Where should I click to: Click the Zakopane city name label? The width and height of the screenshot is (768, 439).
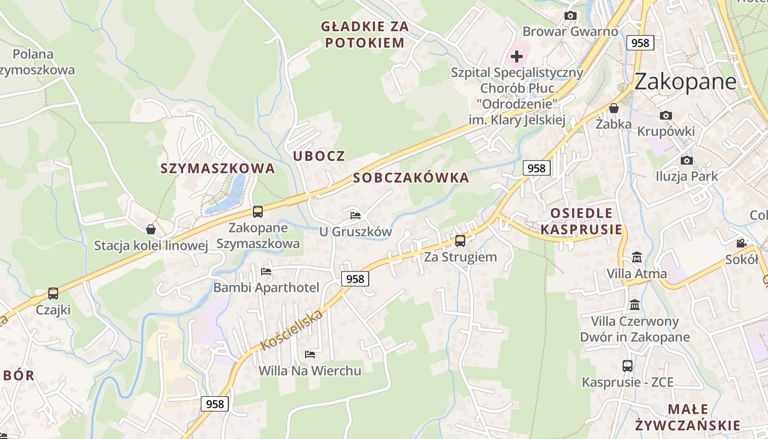(685, 82)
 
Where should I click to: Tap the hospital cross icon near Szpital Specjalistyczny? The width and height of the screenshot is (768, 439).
(517, 56)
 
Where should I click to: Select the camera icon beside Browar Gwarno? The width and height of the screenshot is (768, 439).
(571, 15)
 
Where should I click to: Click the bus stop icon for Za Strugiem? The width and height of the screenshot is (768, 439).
(460, 240)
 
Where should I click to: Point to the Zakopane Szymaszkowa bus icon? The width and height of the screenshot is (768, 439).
(257, 211)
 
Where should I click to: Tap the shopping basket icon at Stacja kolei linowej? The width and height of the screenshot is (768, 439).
(151, 229)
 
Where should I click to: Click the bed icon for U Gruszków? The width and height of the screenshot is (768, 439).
(355, 215)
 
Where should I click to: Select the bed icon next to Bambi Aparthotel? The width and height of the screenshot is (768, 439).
(266, 271)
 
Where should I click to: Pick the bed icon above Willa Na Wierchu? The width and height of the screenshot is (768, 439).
(310, 354)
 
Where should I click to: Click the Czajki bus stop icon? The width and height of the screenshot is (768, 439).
(53, 294)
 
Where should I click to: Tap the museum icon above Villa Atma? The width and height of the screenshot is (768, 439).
(637, 257)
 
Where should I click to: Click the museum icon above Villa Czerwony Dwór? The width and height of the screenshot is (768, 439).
(635, 305)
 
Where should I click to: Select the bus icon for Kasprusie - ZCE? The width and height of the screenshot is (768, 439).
(627, 365)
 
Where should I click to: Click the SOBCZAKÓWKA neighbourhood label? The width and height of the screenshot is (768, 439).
(411, 178)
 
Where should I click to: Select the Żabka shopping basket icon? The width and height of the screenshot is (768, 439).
(614, 108)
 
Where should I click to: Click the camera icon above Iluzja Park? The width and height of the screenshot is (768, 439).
(686, 160)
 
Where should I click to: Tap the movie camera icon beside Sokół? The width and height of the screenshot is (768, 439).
(741, 243)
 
